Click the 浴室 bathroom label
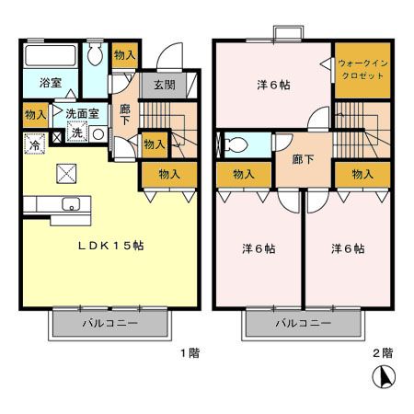point(50,83)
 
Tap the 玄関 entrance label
point(165,86)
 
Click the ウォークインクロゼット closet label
point(362,70)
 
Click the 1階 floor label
point(188,352)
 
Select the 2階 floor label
point(383,352)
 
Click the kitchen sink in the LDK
point(70,204)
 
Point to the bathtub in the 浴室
point(52,54)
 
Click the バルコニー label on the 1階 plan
point(109,325)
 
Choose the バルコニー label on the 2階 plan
point(303,325)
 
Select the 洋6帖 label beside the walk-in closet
point(272,86)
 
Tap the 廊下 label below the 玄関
point(124,114)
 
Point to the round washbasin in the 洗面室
point(98,132)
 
